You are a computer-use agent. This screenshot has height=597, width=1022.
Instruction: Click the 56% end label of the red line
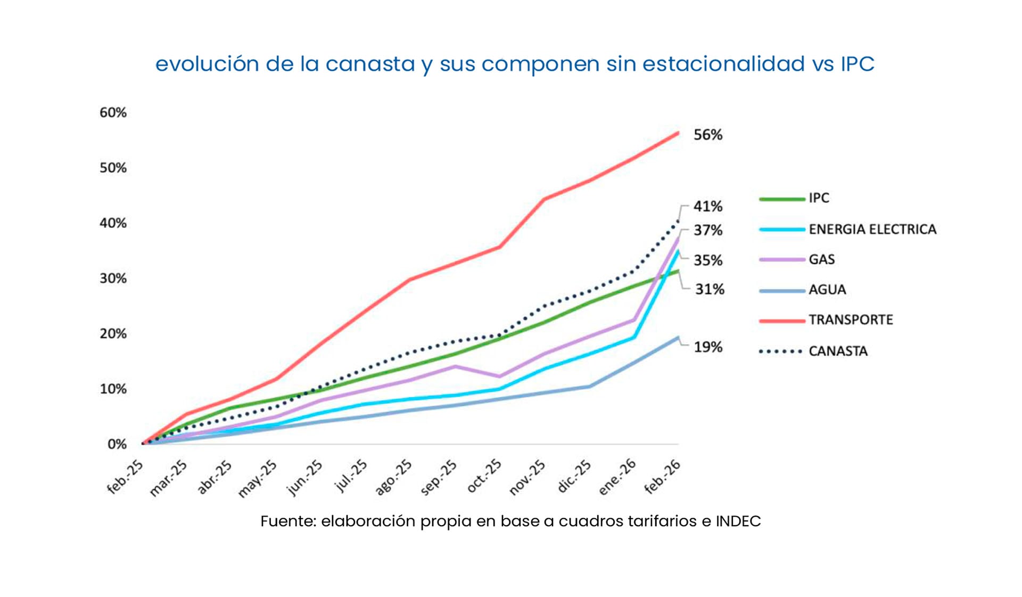coord(707,135)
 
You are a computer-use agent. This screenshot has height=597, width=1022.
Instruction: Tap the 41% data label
coord(707,206)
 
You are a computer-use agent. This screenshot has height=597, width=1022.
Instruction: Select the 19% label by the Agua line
coord(707,347)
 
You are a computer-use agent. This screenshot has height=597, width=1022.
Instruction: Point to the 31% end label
coord(709,289)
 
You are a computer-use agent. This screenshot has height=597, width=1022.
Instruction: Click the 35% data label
coord(707,260)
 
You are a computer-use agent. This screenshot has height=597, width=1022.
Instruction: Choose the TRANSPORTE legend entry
coord(850,320)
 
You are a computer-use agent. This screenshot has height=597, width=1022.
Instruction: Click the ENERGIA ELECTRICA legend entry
coord(872,229)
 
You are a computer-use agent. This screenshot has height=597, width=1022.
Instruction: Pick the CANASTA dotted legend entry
coord(837,351)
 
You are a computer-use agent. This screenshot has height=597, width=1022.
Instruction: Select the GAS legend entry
coord(821,259)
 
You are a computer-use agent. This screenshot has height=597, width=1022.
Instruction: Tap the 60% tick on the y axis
coord(113,112)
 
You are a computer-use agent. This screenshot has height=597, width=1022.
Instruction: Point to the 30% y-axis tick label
coord(113,279)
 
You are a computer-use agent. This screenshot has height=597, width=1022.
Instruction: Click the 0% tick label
coord(117,444)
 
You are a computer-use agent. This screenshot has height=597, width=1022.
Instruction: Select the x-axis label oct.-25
coord(484,476)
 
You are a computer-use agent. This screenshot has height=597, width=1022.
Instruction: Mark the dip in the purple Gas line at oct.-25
coord(499,376)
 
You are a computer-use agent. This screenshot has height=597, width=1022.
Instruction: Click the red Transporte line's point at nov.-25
coord(543,199)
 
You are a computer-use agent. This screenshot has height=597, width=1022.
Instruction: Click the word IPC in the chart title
coord(857,64)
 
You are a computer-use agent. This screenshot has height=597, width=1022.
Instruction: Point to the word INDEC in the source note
coord(738,521)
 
